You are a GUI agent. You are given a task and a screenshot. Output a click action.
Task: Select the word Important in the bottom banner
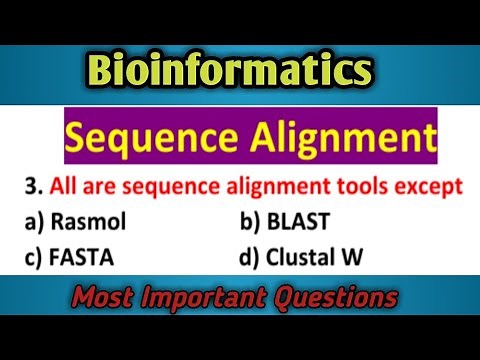click(x=214, y=300)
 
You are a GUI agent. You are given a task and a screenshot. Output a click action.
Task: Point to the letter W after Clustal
click(x=365, y=257)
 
